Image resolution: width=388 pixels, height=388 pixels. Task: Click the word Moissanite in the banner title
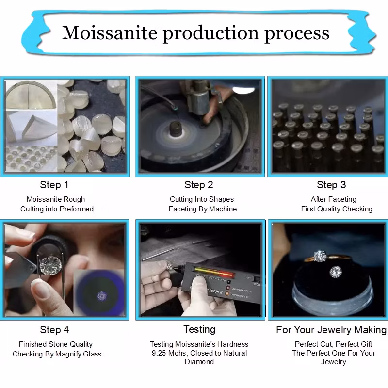point(110,32)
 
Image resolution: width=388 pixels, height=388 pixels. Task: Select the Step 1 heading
point(54,185)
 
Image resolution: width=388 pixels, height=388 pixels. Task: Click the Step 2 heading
point(199,185)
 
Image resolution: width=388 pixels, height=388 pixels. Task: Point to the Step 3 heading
point(331,185)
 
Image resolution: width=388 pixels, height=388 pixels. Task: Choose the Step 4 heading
point(54,330)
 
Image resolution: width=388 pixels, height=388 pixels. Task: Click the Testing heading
point(199,330)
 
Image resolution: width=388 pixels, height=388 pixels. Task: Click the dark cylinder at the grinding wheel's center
point(176,129)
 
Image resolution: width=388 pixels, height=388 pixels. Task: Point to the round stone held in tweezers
point(51,265)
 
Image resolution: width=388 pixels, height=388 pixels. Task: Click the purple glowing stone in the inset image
point(102,296)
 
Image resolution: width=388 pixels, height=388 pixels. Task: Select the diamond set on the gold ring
point(320,256)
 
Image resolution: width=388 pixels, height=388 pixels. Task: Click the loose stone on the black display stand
point(336,272)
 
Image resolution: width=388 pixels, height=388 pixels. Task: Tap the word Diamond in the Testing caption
point(199,362)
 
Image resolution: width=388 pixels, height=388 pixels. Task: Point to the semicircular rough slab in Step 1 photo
point(30,95)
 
